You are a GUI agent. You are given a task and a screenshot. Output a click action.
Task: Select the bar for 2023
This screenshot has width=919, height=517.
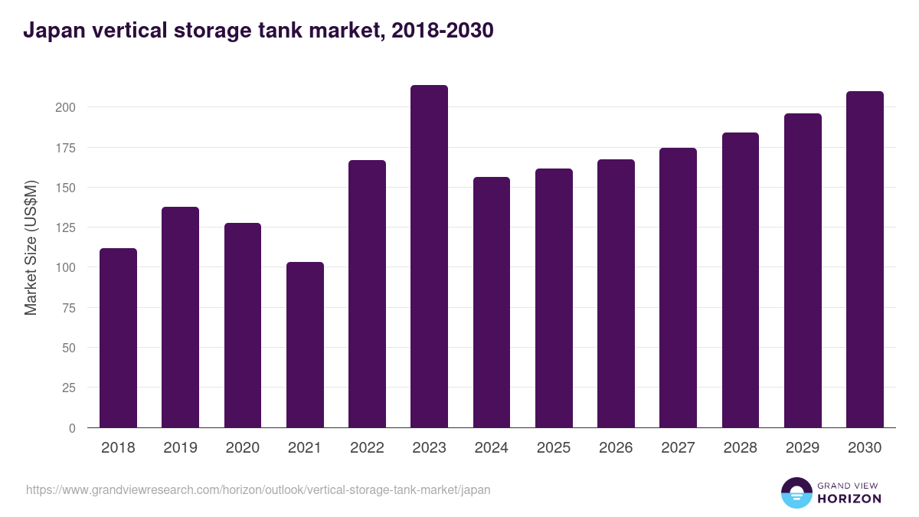(x=429, y=257)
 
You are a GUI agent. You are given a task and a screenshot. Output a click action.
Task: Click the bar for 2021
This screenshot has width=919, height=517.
(x=305, y=345)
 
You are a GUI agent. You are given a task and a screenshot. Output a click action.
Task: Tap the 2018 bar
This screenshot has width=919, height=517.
(x=118, y=338)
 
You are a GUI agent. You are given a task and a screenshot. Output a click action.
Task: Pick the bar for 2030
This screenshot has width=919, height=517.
(x=865, y=260)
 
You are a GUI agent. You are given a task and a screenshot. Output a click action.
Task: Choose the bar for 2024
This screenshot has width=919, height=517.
(x=491, y=303)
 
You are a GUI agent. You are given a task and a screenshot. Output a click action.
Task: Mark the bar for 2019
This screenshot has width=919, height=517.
(x=180, y=317)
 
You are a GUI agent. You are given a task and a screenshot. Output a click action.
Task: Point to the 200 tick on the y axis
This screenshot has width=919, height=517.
(x=65, y=107)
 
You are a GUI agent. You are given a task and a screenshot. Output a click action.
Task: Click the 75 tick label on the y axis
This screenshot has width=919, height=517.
(x=68, y=308)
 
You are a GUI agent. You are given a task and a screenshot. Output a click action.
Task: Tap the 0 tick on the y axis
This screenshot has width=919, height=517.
(x=72, y=428)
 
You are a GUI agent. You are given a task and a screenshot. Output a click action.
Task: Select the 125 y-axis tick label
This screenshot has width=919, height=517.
(x=65, y=227)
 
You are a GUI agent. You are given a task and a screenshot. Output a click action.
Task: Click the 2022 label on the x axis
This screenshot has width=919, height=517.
(x=367, y=448)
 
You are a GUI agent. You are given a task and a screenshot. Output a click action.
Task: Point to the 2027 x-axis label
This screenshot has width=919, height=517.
(x=678, y=448)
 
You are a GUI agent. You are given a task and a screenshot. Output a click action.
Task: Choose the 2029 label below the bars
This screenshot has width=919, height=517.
(x=803, y=448)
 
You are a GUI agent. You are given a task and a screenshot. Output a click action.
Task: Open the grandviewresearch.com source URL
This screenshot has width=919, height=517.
(x=258, y=489)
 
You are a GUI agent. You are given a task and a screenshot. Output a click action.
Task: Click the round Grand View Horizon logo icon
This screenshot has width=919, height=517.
(x=796, y=492)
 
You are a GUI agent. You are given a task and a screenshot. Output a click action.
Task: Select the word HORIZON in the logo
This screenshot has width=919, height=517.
(x=849, y=499)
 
